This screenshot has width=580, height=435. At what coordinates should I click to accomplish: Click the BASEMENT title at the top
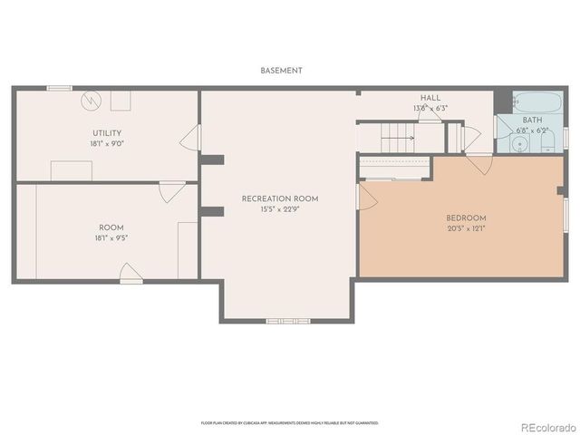pos(281,70)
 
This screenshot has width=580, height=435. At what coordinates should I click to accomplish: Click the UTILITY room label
pos(106,133)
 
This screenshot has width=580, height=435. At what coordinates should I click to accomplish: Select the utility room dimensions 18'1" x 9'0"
pos(106,144)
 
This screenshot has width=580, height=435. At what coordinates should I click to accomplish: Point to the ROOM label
pos(111,227)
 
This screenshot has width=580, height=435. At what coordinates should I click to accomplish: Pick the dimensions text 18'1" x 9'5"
pos(111,238)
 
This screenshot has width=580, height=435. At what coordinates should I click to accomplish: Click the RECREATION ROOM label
pos(279,198)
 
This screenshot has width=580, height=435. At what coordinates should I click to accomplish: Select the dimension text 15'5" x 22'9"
pos(279,210)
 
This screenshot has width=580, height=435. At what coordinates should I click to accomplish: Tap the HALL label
pos(430,98)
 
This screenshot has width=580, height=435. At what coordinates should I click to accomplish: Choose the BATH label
pos(532,120)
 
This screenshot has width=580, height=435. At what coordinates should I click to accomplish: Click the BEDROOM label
pos(467,218)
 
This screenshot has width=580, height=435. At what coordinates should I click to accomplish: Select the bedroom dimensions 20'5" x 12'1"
pos(467,229)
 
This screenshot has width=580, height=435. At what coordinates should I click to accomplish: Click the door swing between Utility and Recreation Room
pos(190,139)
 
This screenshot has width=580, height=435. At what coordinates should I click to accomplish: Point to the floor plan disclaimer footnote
pos(289,423)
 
